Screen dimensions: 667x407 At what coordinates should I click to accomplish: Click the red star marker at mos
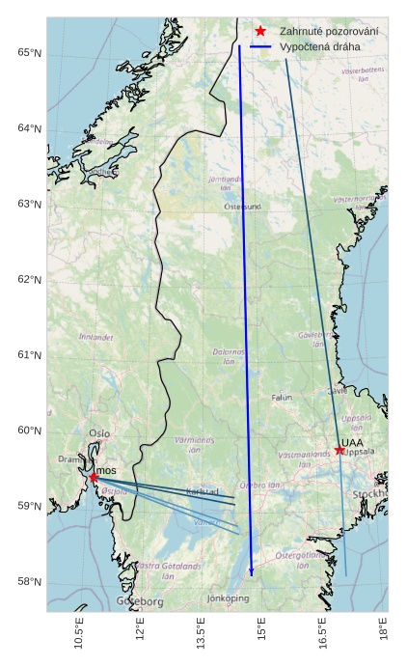[x=94, y=477]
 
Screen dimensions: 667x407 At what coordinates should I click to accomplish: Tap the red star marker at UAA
[x=339, y=450]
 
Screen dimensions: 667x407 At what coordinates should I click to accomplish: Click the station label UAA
[x=352, y=443]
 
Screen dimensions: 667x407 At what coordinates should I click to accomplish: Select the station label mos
[x=106, y=470]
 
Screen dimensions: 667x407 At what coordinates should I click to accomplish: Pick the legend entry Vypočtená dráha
[x=319, y=46]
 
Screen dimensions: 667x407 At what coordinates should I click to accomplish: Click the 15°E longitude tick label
[x=261, y=636]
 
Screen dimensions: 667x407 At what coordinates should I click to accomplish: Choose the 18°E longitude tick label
[x=383, y=636]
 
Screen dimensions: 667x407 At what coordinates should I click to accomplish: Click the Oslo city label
[x=99, y=433]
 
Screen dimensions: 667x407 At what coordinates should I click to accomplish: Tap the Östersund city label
[x=242, y=207]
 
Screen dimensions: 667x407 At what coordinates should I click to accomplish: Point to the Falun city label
[x=282, y=397]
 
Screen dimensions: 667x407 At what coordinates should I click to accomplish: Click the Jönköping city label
[x=228, y=598]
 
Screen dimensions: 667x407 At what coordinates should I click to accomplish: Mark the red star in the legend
[x=260, y=32]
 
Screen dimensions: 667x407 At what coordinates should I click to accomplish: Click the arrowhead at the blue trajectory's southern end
[x=252, y=571]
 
